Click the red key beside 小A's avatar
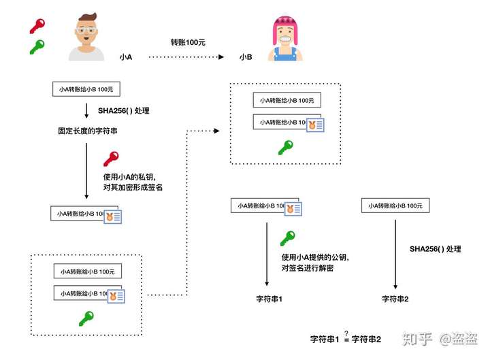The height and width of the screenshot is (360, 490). coord(37,27)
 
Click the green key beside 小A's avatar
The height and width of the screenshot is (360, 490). coord(37,47)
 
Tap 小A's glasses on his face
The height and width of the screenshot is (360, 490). coord(86,31)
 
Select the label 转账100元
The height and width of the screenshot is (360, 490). coord(188,42)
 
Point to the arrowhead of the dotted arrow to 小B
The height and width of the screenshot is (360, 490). coord(221,57)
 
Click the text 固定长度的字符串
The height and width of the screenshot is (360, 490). coord(88,131)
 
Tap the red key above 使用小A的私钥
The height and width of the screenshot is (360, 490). coord(111,159)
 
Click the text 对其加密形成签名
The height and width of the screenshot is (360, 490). coord(133,187)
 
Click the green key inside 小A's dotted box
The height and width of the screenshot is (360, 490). coord(86,318)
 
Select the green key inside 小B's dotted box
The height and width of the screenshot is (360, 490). coord(286,148)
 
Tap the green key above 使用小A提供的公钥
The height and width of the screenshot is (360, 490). coord(287,238)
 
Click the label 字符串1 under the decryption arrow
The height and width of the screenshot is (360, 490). coord(269,299)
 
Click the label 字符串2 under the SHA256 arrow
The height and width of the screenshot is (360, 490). coord(395,299)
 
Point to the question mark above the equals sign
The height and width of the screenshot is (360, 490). coord(346,333)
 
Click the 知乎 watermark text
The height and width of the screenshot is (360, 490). coord(417,339)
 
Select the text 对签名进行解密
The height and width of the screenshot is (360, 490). coord(308,268)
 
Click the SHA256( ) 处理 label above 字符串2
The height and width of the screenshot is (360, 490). coord(436,249)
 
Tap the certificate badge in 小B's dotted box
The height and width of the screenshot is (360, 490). coord(315,125)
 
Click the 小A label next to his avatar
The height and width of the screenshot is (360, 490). coord(126,57)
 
